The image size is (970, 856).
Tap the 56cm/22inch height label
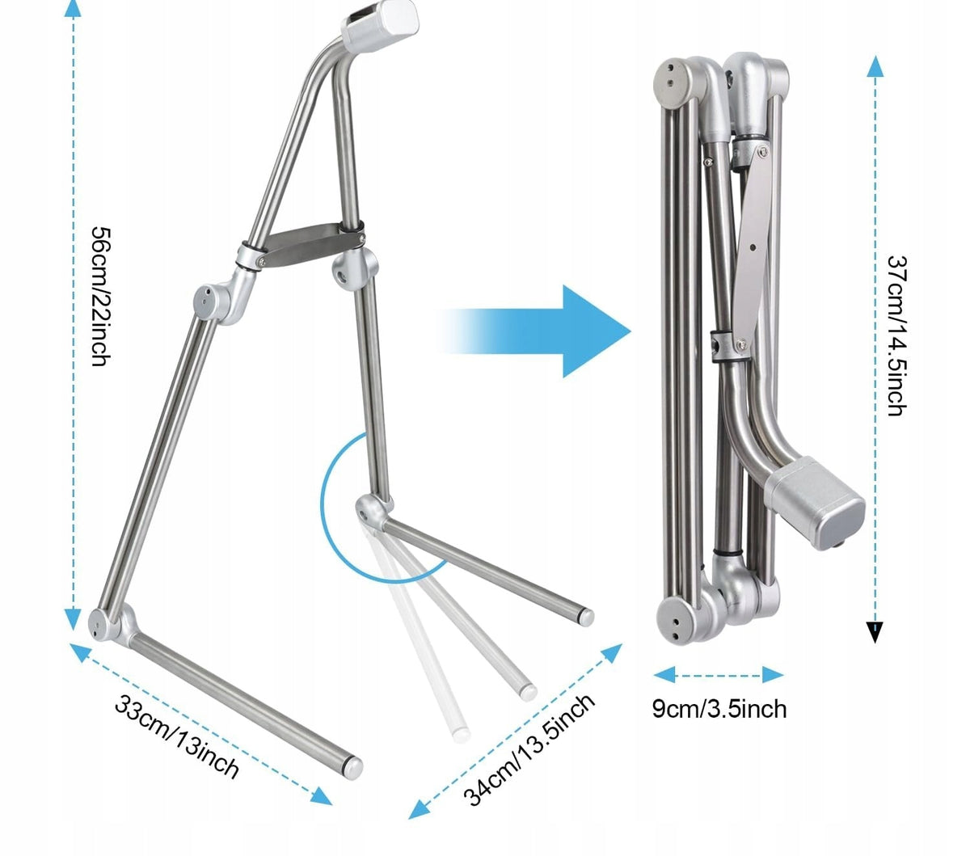[x=101, y=297]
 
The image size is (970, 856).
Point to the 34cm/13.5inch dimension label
[x=529, y=750]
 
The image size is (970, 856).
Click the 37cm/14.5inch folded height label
[x=896, y=335]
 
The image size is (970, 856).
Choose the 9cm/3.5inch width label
[x=719, y=709]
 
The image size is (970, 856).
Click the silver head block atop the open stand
[x=381, y=24]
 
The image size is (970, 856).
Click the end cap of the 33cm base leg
[x=353, y=767]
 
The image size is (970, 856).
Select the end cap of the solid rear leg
[x=586, y=617]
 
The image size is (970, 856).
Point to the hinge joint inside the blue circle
[x=373, y=512]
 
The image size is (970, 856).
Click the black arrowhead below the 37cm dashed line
[x=875, y=632]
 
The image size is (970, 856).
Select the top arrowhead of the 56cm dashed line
[x=73, y=9]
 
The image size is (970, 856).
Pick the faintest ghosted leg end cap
[x=461, y=735]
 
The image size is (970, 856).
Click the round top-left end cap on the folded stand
[x=674, y=84]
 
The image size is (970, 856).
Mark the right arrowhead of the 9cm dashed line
[x=773, y=675]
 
